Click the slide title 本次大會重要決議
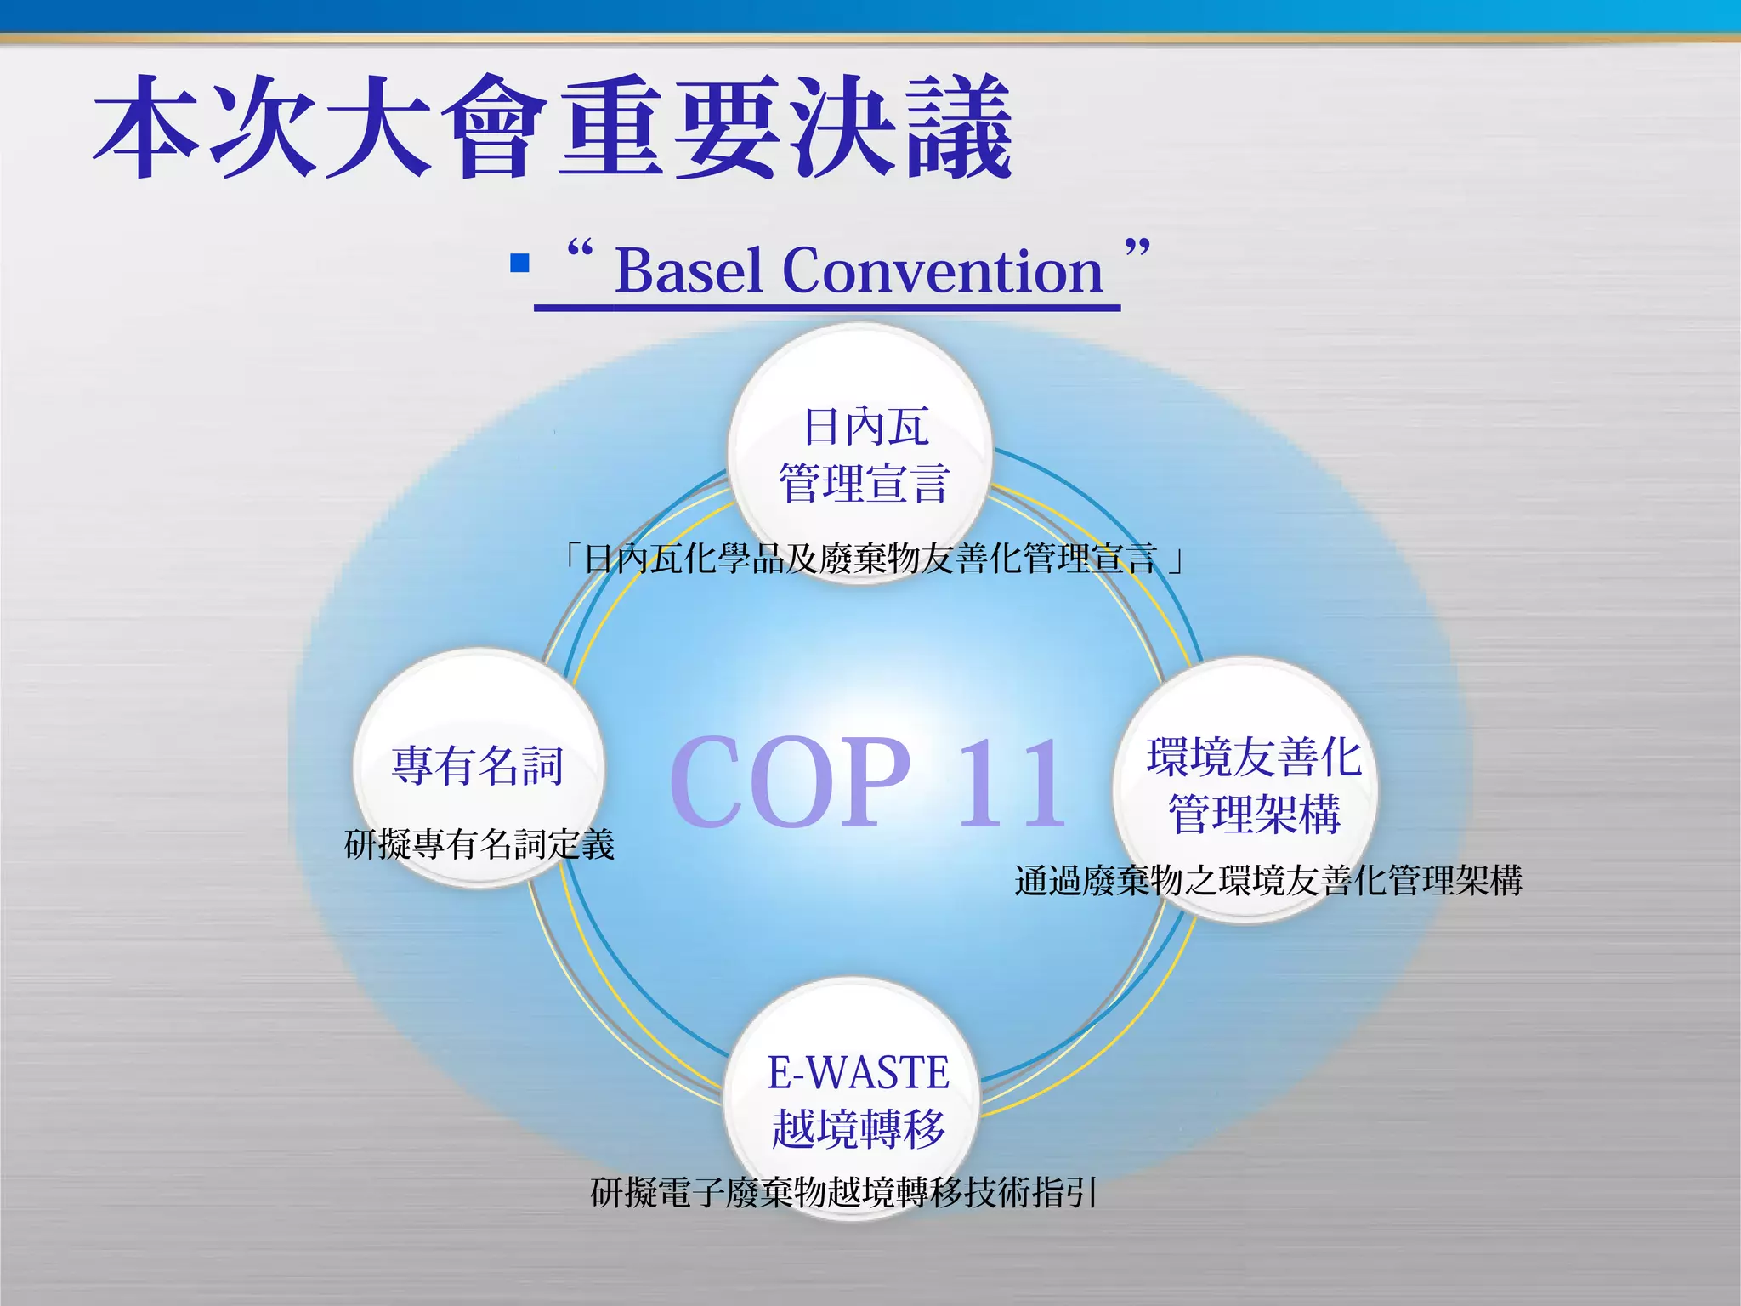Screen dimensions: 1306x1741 (553, 128)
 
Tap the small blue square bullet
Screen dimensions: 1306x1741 (519, 263)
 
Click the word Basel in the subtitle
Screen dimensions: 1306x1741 (688, 271)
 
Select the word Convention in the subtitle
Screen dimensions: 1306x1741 (942, 271)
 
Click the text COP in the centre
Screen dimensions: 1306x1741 (791, 782)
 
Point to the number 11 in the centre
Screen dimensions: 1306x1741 (1012, 782)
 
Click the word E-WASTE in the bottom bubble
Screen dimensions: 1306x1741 (858, 1073)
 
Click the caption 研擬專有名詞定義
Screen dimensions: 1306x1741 (479, 845)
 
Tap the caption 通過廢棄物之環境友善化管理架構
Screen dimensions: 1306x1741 (1267, 881)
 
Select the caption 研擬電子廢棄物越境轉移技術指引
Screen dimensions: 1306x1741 (843, 1193)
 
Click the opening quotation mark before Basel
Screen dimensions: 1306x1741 (580, 250)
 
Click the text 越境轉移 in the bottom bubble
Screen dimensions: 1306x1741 (858, 1129)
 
